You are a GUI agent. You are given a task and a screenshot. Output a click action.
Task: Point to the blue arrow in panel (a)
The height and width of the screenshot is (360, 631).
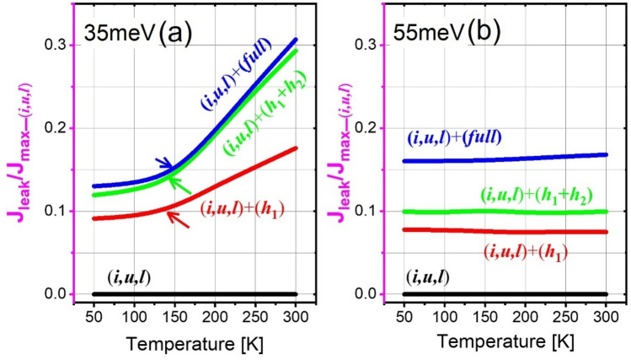(x=163, y=162)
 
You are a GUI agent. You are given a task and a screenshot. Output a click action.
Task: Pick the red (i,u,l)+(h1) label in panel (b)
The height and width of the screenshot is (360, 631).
(x=513, y=250)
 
